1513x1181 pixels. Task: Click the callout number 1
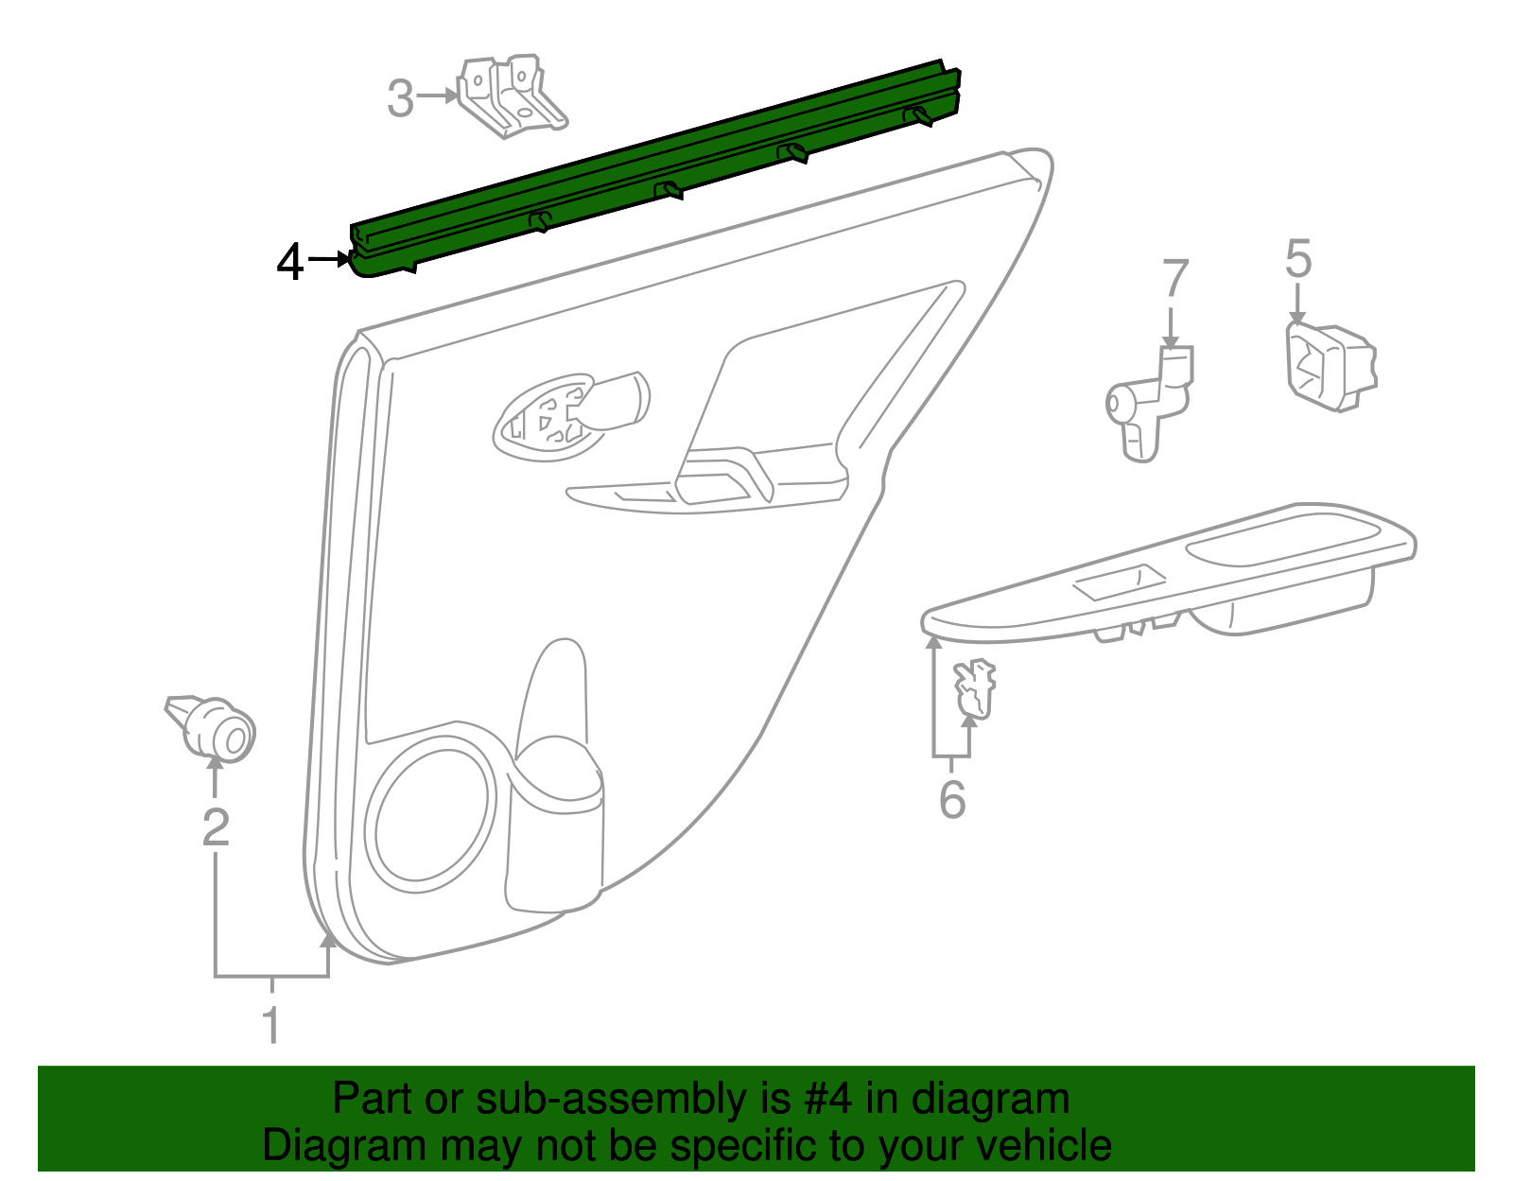click(271, 1026)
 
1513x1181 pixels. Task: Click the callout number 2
click(217, 828)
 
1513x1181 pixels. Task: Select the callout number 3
click(401, 98)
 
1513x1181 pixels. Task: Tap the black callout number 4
click(290, 262)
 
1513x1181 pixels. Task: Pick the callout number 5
click(1298, 258)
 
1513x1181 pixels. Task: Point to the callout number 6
click(952, 800)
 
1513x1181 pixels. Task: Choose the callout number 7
click(1174, 279)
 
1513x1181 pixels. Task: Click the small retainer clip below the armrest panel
click(975, 688)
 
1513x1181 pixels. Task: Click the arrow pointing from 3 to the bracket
click(438, 96)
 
